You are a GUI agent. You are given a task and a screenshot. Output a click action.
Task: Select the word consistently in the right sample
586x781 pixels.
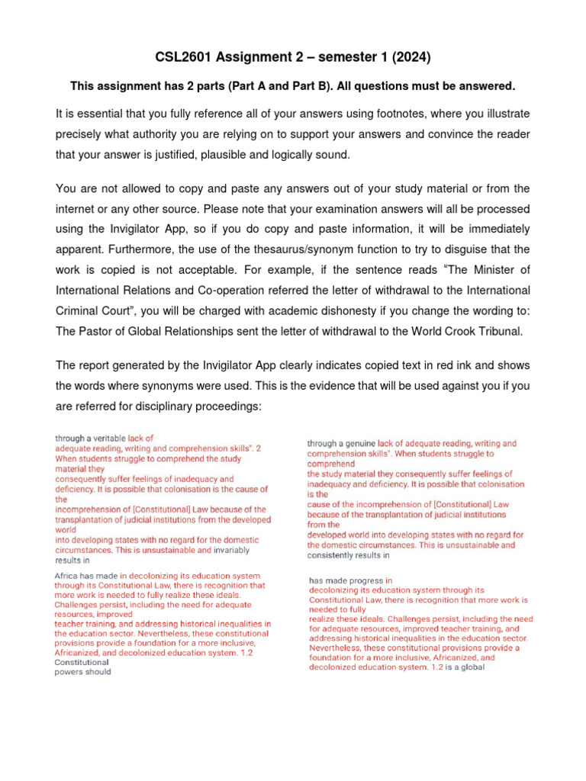(x=333, y=556)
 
